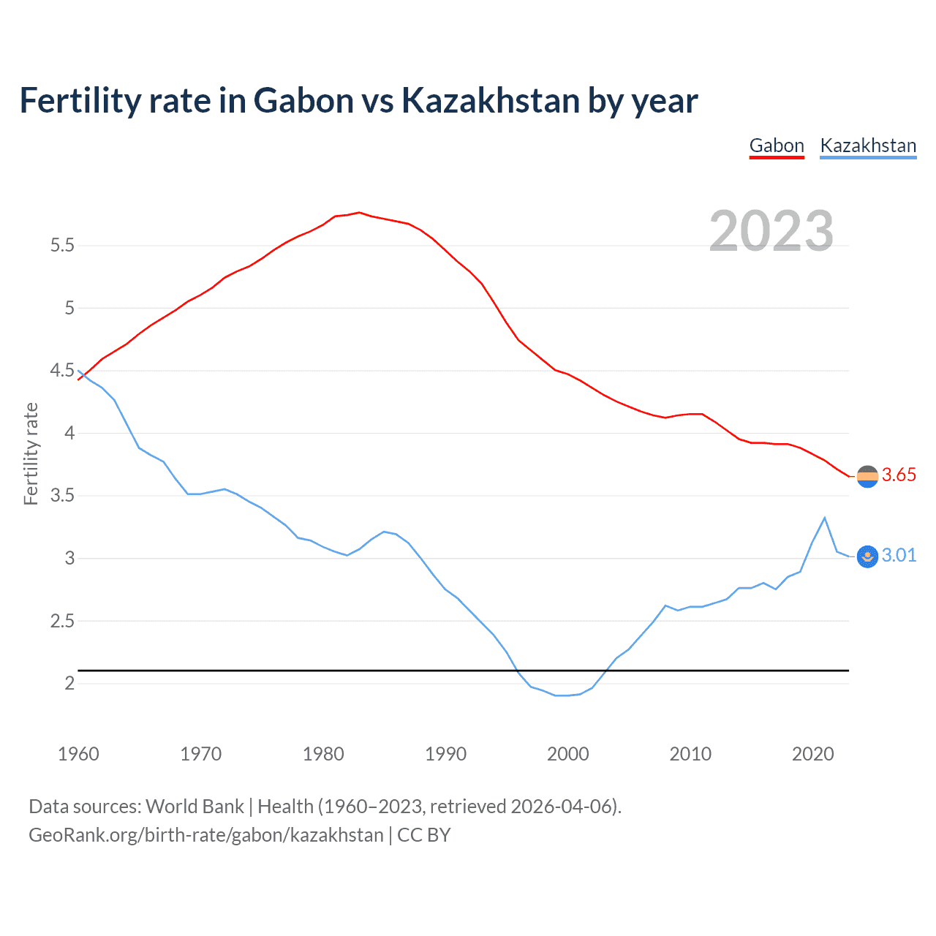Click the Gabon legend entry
pos(777,146)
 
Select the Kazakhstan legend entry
pos(868,146)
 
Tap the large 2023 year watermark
pos(771,231)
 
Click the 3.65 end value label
pos(899,475)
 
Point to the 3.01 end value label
pos(899,556)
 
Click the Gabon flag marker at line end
pos(867,477)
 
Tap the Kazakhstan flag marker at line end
pos(867,556)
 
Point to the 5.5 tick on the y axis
pos(62,246)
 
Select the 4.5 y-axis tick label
pos(62,371)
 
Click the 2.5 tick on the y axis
pos(62,622)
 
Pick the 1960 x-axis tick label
pos(78,754)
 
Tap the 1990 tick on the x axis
pos(445,754)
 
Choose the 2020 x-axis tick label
pos(812,754)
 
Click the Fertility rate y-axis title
pos(31,453)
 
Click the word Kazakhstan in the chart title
pos(491,101)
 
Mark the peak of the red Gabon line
pos(359,213)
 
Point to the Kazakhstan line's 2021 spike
pos(825,518)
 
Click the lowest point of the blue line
pos(562,695)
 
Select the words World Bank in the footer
pos(195,807)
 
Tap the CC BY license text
pos(424,835)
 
